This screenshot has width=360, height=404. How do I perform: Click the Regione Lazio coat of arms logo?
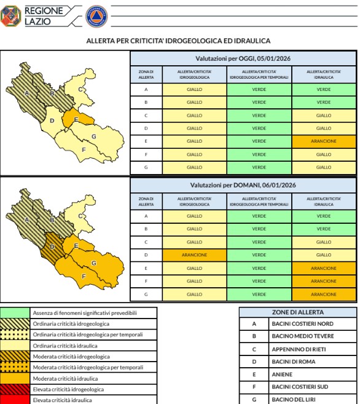click(x=11, y=16)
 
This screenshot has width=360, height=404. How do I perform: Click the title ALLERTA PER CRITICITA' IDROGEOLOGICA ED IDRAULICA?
click(x=179, y=41)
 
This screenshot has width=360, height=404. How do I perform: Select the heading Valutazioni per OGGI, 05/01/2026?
click(x=243, y=58)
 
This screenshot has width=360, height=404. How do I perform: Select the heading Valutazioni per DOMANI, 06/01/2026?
click(x=243, y=185)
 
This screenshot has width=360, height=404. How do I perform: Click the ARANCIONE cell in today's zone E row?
click(x=323, y=141)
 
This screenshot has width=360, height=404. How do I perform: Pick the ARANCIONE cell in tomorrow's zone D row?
click(x=194, y=255)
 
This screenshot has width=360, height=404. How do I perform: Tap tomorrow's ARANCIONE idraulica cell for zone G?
click(x=323, y=294)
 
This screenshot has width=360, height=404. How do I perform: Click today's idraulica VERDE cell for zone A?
click(x=323, y=89)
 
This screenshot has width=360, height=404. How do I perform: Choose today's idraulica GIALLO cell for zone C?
click(x=323, y=116)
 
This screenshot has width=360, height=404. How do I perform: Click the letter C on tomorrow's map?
click(x=80, y=216)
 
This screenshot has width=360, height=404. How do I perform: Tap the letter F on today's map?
click(x=84, y=149)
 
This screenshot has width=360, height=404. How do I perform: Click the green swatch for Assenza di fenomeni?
click(x=15, y=313)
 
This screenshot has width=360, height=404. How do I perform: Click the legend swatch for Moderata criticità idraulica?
click(x=15, y=378)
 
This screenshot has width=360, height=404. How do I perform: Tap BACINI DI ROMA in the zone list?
click(x=294, y=362)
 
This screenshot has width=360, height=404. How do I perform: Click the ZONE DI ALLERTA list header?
click(x=297, y=312)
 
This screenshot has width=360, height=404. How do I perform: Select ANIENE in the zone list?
click(x=282, y=374)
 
